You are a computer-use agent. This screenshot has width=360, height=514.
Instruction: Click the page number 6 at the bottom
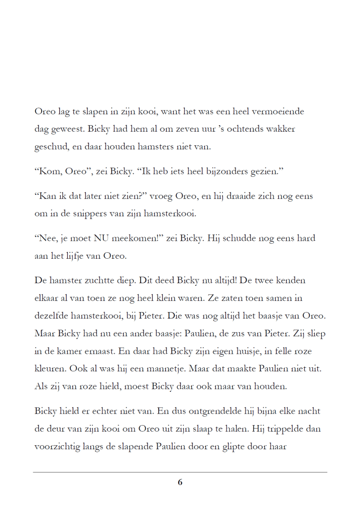pos(180,482)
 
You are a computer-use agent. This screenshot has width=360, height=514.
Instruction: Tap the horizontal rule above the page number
pos(180,472)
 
